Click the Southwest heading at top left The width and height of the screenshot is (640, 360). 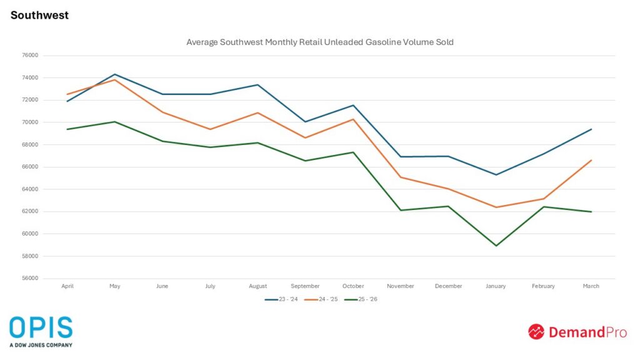click(39, 15)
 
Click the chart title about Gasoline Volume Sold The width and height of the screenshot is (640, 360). click(319, 42)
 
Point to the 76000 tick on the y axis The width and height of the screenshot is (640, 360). click(30, 56)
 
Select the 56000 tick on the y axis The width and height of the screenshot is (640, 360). click(30, 278)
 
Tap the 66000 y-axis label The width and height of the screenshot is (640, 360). click(30, 167)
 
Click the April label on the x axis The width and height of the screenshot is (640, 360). click(67, 286)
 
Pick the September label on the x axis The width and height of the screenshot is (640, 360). click(305, 286)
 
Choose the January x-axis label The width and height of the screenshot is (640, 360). click(496, 286)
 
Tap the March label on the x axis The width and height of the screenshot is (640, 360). click(591, 286)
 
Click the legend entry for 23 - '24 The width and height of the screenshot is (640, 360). click(281, 299)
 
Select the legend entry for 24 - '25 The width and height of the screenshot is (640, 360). click(320, 299)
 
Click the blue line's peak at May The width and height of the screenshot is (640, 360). click(114, 74)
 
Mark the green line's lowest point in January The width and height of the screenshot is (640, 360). click(496, 246)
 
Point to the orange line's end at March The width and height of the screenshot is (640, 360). click(591, 160)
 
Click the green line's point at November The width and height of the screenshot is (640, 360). click(401, 210)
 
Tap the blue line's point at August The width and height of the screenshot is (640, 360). click(257, 84)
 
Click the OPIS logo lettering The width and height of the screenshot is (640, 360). click(41, 327)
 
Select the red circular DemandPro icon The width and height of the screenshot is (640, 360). click(536, 332)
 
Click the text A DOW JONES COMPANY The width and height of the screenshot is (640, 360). click(41, 345)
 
